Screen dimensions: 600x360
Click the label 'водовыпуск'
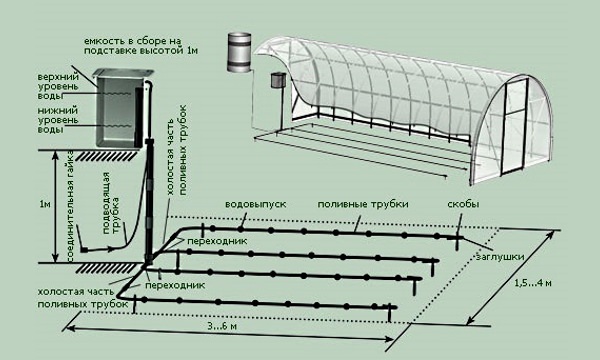pos(255,204)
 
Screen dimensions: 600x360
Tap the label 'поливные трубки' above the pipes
pos(363,204)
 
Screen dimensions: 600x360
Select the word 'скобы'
pos(463,204)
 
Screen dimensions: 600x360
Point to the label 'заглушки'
pos(500,256)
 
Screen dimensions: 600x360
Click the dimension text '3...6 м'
pos(222,326)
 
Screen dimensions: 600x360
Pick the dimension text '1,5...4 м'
pos(533,283)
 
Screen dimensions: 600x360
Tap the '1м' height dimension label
pos(44,204)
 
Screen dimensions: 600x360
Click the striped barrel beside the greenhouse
pos(239,52)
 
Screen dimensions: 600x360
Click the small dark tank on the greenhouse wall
pos(278,80)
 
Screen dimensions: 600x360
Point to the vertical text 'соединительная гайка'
pos(70,207)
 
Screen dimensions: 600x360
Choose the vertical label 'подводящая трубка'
pos(111,203)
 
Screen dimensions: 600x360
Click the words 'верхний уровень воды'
pos(58,87)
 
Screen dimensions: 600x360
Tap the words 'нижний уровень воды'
pos(58,120)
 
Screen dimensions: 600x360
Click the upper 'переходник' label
pos(217,241)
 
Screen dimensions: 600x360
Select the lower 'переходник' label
pos(175,285)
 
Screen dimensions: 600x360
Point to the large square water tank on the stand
pos(123,108)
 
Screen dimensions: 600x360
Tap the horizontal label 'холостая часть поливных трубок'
pos(83,298)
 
